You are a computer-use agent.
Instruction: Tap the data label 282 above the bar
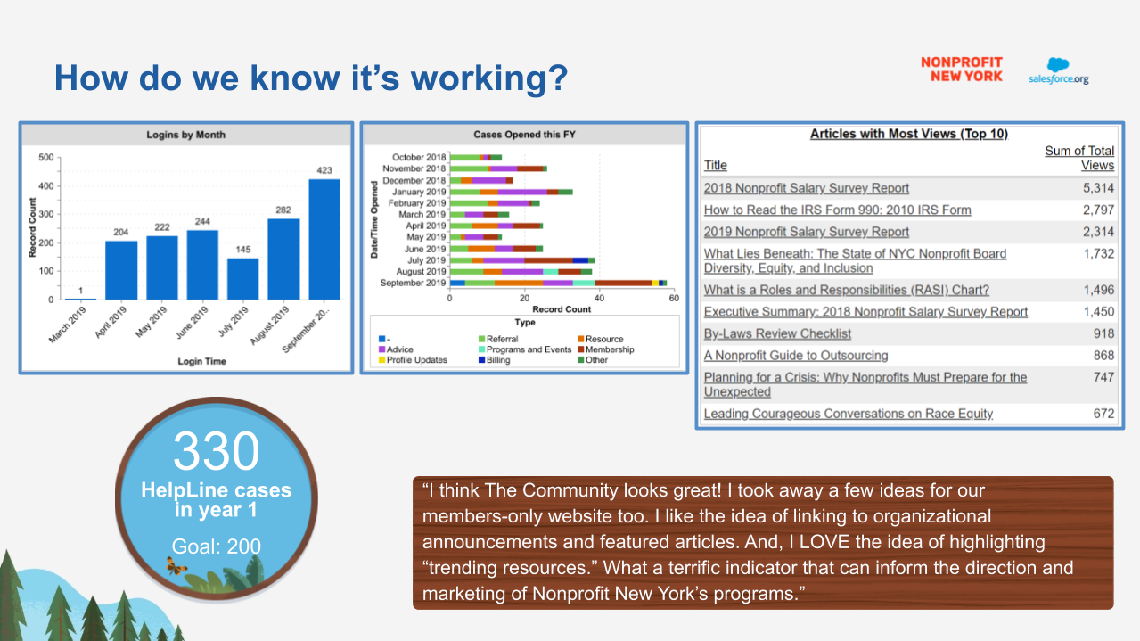283,210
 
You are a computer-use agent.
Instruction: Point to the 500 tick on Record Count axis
45,157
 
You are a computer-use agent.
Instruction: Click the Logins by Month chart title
186,135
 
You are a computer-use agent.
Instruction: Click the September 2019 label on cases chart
413,283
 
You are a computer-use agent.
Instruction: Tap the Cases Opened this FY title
524,135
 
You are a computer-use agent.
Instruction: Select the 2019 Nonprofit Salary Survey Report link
806,232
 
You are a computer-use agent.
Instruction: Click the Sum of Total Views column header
1079,158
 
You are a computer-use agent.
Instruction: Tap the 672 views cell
1103,414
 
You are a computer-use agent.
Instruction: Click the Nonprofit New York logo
961,70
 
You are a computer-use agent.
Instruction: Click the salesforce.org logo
1058,71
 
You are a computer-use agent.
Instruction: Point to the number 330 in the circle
216,451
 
